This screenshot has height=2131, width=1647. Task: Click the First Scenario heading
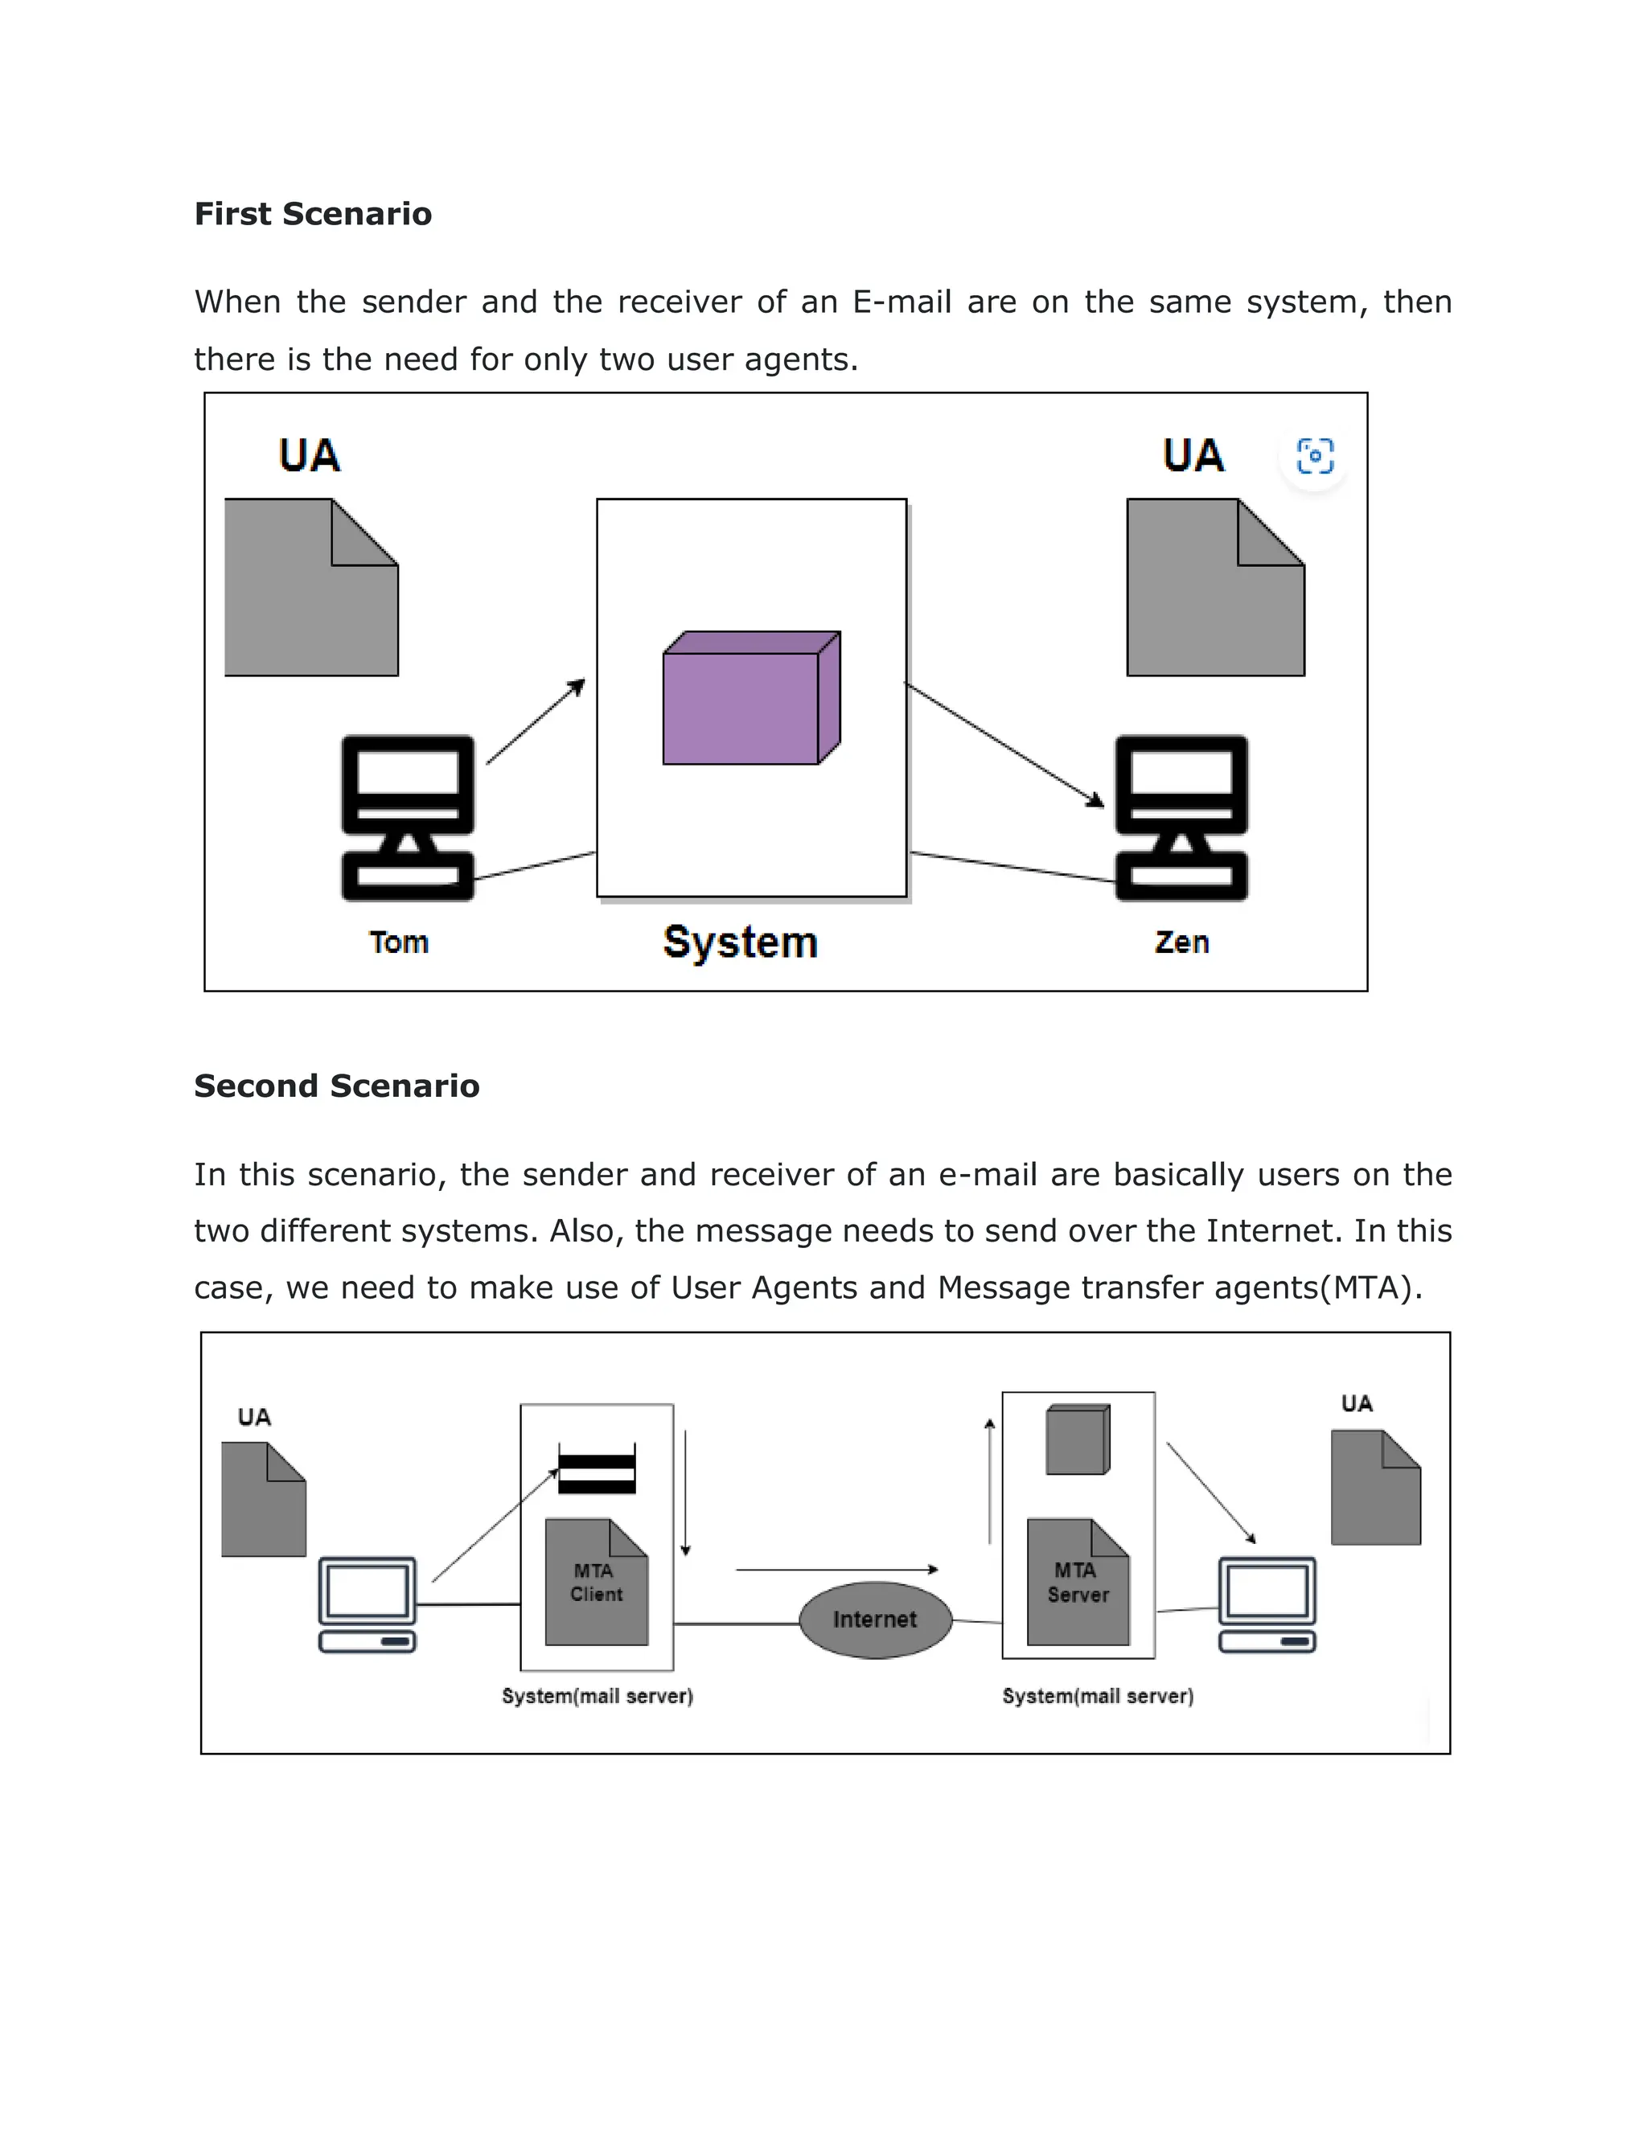312,214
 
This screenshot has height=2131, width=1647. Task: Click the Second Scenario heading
337,1086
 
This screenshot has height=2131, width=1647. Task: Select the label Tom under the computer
398,942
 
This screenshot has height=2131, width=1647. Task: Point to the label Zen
1181,942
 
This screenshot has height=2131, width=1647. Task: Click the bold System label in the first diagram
740,942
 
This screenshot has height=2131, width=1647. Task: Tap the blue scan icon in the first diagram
1314,456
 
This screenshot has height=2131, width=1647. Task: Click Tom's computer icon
408,818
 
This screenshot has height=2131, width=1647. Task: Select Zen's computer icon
1181,818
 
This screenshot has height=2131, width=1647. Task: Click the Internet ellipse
874,1620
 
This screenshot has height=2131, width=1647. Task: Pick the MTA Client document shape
596,1583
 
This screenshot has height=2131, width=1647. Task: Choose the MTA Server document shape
1077,1583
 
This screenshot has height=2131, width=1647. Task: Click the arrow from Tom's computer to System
535,722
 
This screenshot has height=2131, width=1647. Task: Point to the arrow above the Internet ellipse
836,1570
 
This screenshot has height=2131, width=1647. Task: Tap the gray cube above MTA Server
1077,1439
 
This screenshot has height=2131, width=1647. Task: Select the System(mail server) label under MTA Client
598,1696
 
